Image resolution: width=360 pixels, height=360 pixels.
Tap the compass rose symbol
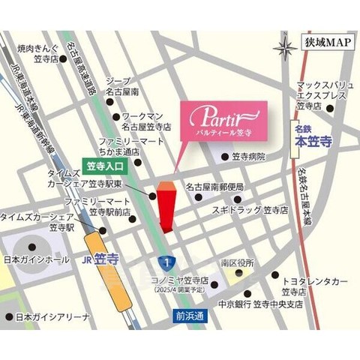286,49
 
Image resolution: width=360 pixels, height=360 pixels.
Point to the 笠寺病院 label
247,157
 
